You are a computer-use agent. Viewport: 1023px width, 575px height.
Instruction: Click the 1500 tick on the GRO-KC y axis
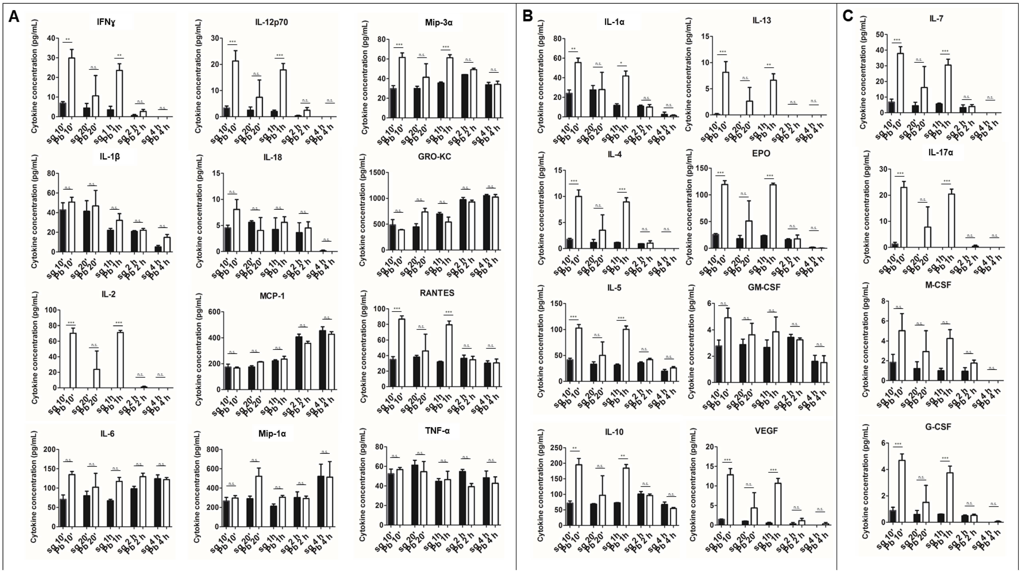click(x=378, y=172)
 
